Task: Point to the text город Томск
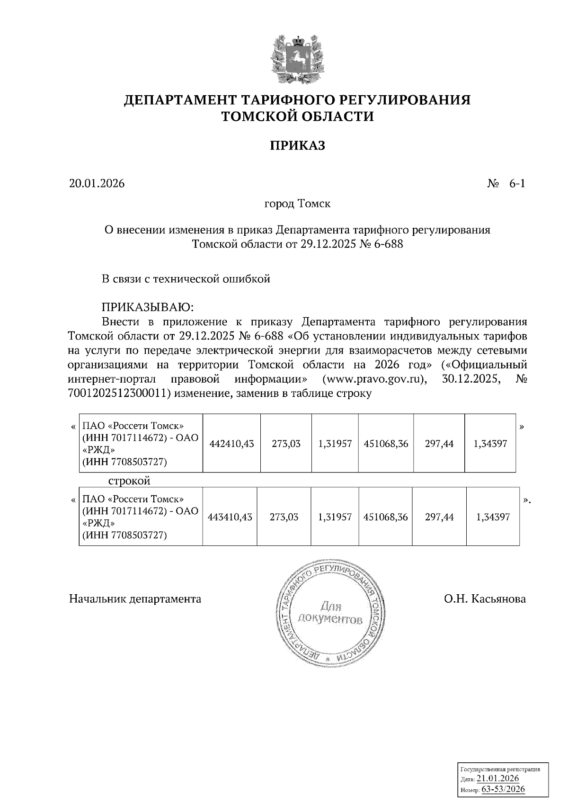[x=297, y=204]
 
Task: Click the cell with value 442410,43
[x=231, y=444]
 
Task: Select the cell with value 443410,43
[x=230, y=517]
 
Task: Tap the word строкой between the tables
[x=129, y=481]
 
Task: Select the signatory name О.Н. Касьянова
[x=485, y=599]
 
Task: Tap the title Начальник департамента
[x=135, y=599]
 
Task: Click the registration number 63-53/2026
[x=503, y=789]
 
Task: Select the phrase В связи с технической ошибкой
[x=186, y=279]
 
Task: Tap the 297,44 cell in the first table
[x=439, y=444]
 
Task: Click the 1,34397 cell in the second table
[x=493, y=517]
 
